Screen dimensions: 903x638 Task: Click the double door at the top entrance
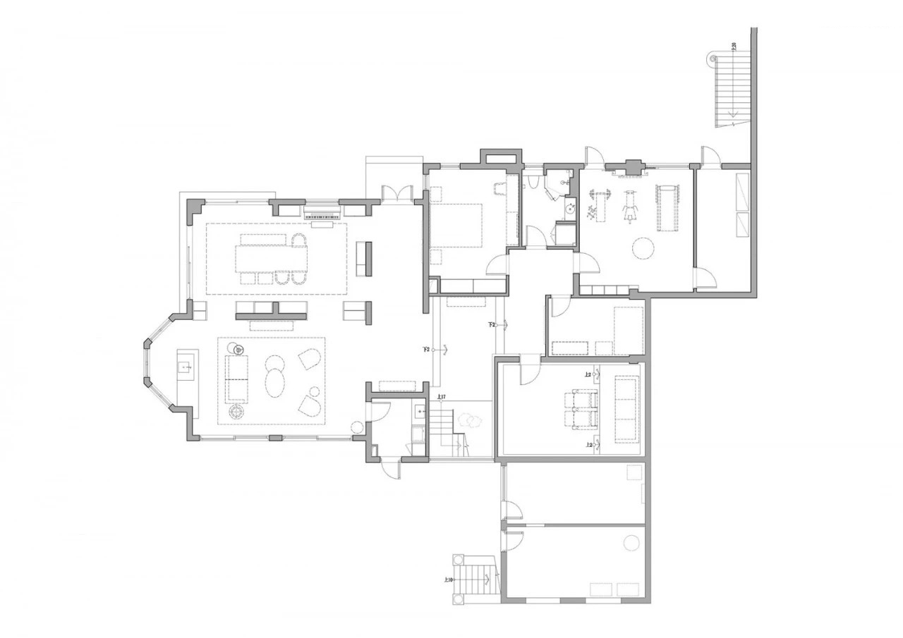pyautogui.click(x=396, y=193)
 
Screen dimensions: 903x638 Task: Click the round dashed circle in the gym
pyautogui.click(x=643, y=249)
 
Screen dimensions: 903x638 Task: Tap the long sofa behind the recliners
pyautogui.click(x=626, y=409)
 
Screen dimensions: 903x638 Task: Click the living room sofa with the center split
pyautogui.click(x=236, y=378)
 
